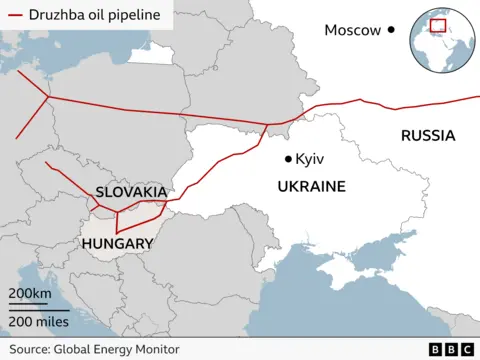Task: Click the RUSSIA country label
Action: point(427,136)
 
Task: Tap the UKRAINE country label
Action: point(311,186)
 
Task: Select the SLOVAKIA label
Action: point(131,191)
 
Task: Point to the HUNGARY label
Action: point(117,243)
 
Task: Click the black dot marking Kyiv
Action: point(288,159)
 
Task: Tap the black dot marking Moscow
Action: point(391,30)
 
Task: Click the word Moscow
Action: point(352,30)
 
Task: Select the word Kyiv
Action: point(310,159)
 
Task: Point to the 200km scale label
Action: point(30,293)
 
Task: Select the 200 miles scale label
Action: point(39,321)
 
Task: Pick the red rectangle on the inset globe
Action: point(437,25)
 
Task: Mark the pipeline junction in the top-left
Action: point(46,96)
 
